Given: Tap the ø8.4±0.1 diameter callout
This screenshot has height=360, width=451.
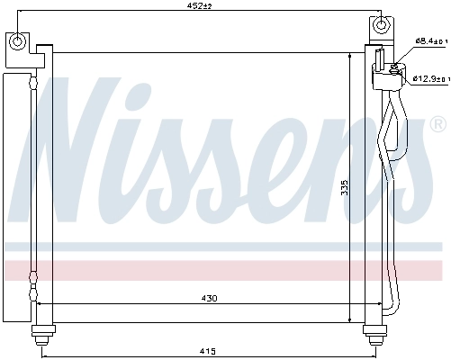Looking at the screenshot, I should pyautogui.click(x=429, y=40).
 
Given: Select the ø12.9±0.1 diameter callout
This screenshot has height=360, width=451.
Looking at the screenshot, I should pyautogui.click(x=429, y=79).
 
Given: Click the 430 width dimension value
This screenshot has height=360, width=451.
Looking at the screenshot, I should pyautogui.click(x=208, y=299).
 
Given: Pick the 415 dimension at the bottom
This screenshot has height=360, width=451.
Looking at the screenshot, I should pyautogui.click(x=206, y=350).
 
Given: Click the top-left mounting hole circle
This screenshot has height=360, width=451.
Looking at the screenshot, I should pyautogui.click(x=18, y=40).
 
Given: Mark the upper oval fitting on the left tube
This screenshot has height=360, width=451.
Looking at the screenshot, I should pyautogui.click(x=34, y=85).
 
